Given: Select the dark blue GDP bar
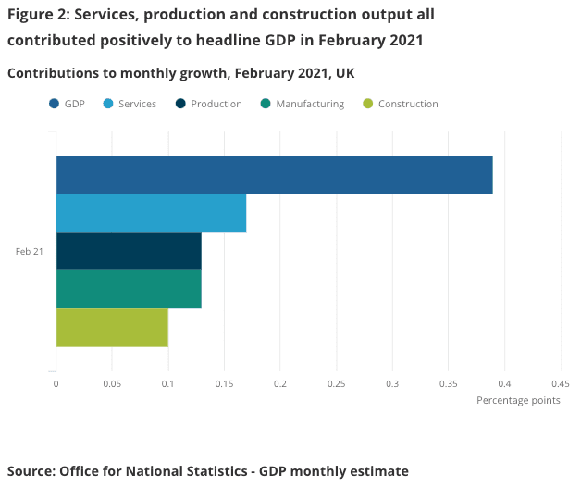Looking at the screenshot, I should click(274, 175).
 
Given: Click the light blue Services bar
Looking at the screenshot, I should click(151, 213).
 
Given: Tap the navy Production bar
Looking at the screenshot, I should click(129, 251).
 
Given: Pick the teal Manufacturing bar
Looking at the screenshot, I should click(129, 289).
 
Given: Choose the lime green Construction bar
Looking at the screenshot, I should click(112, 328).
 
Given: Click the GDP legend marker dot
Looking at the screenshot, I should click(54, 104).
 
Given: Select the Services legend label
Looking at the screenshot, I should click(137, 104).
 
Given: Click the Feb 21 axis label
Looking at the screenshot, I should click(30, 251).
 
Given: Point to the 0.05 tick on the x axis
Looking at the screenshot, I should click(112, 383).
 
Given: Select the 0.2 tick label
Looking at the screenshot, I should click(280, 383).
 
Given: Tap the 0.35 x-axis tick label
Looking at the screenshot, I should click(449, 383).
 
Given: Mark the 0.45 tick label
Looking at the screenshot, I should click(560, 383).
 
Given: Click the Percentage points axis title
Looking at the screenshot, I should click(518, 400).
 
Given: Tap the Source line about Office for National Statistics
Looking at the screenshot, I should click(207, 471).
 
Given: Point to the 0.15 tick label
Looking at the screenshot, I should click(224, 383).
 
